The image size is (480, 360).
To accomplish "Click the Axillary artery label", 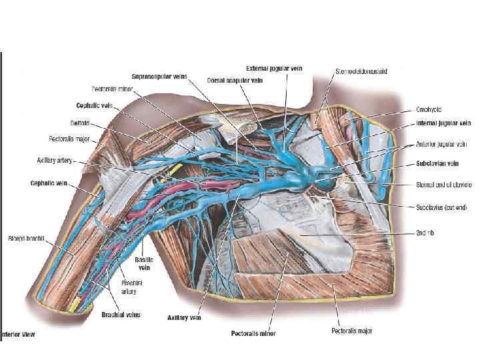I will (55, 161).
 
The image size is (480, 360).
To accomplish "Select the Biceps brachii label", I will (26, 237).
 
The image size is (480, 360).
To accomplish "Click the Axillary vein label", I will (184, 318).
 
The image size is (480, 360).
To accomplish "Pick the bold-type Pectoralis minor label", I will (253, 333).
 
